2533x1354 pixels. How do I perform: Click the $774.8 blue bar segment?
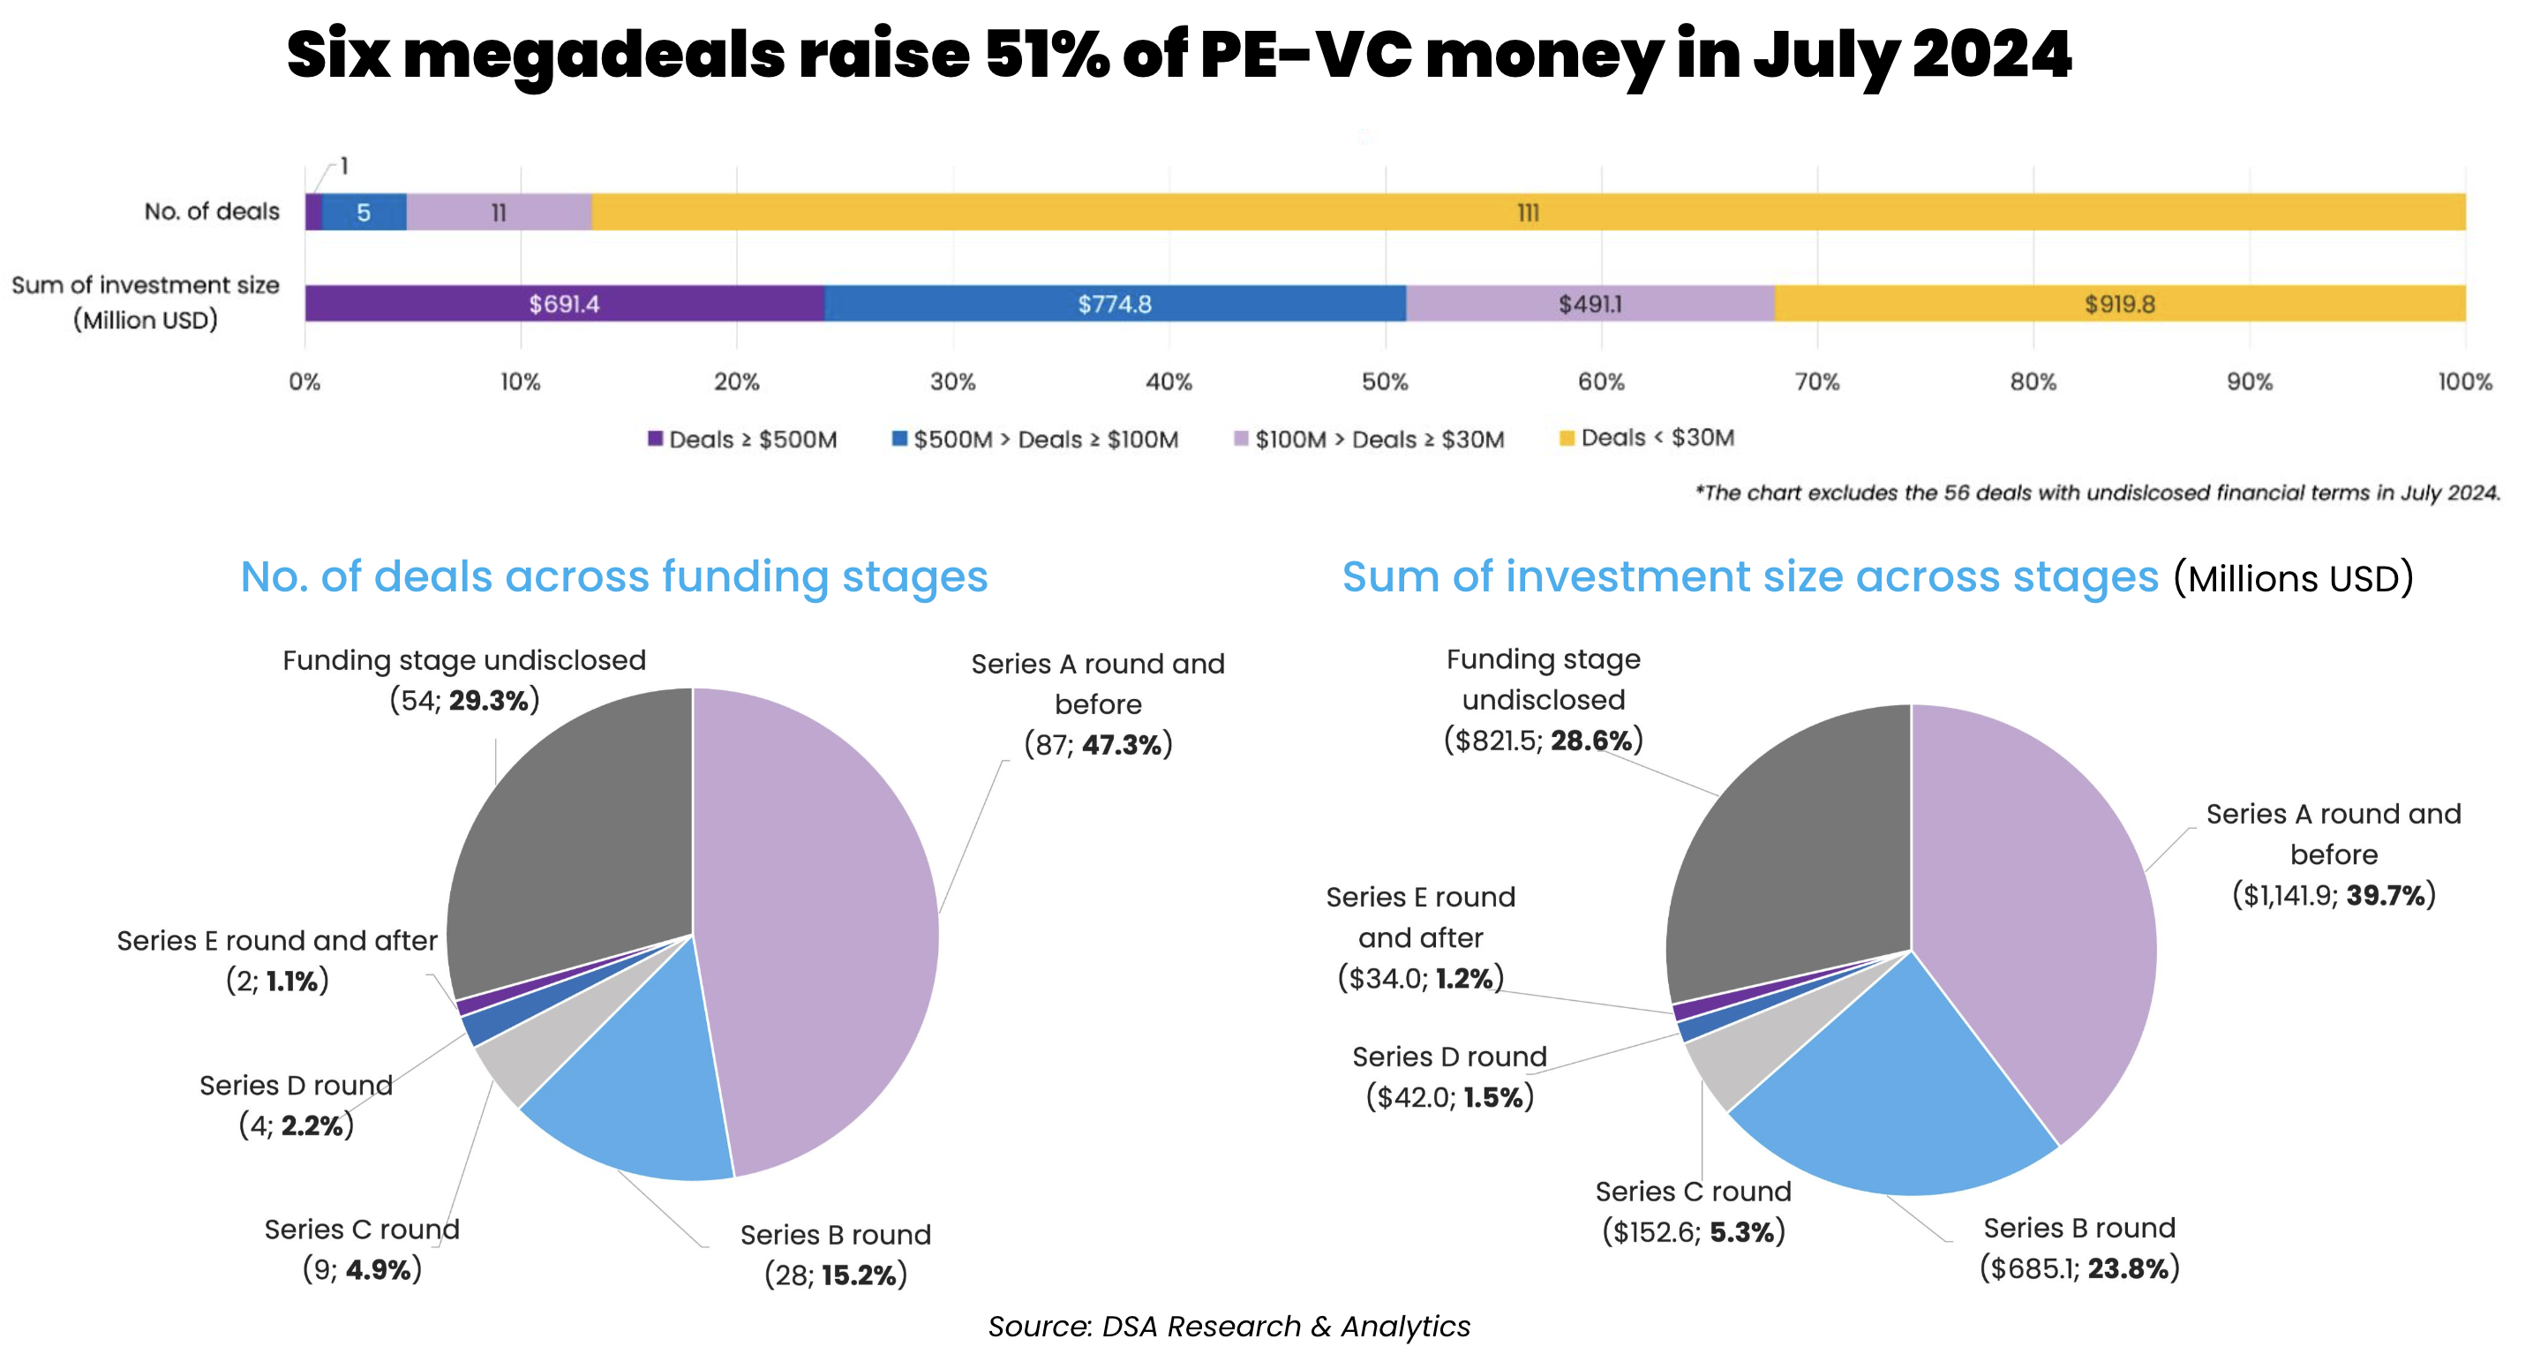(1114, 304)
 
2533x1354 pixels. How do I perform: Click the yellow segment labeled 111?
(1527, 213)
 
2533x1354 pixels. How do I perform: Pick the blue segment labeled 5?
(364, 213)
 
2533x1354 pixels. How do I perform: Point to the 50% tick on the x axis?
(1385, 381)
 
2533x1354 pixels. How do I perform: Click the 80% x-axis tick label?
(2033, 381)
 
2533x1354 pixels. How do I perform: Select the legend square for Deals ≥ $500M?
(655, 439)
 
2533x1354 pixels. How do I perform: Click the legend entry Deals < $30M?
(1657, 438)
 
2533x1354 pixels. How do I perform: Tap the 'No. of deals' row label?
(212, 212)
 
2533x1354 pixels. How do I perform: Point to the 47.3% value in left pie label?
(1122, 745)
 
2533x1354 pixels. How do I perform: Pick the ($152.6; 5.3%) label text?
(1694, 1232)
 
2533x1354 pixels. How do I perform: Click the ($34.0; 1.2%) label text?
(1421, 978)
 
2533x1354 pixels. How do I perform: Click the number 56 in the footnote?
(1957, 493)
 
